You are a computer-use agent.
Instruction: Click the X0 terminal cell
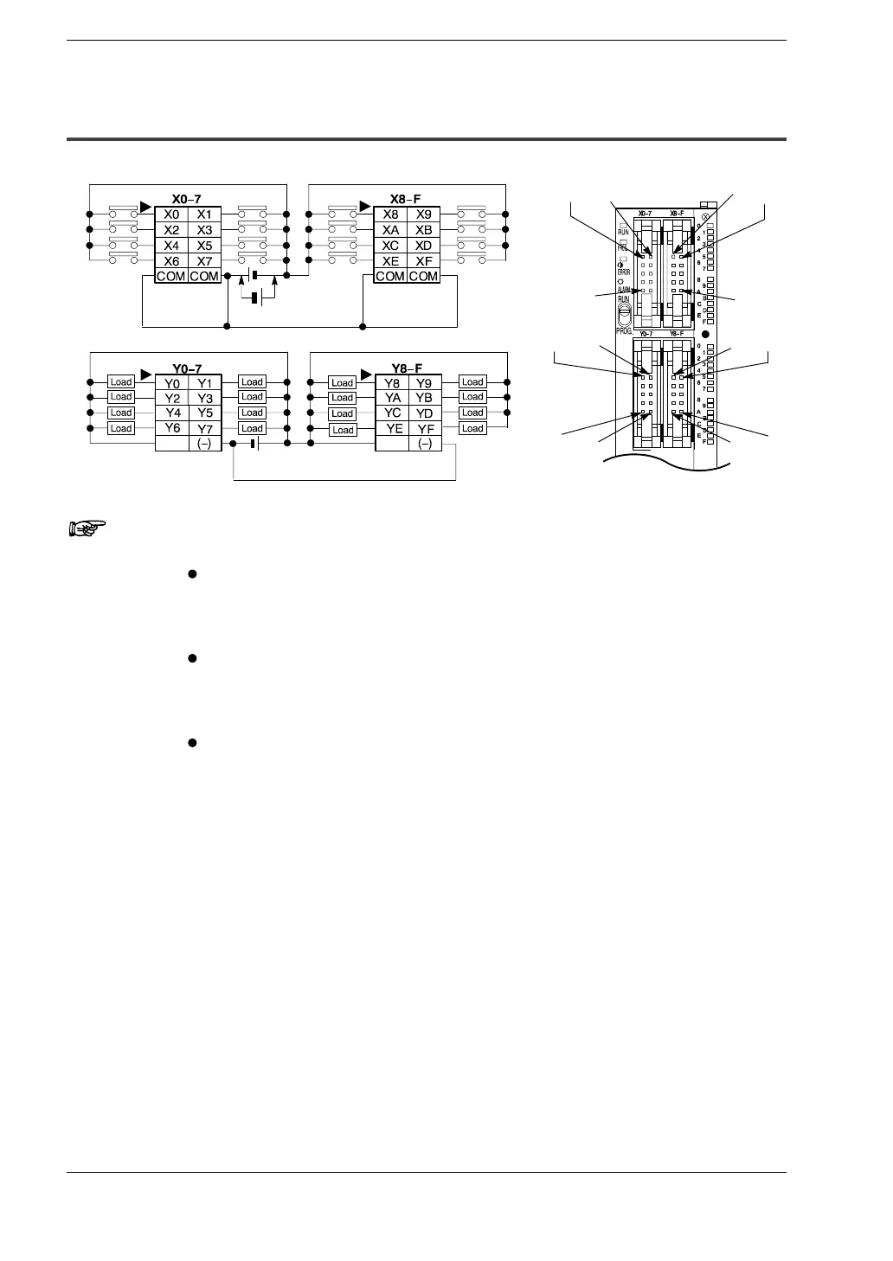tap(171, 214)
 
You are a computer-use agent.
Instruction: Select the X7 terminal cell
tap(204, 261)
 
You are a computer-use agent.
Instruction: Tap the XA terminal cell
tap(390, 230)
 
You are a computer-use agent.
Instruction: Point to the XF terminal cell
tap(423, 261)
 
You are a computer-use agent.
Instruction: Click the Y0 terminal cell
tap(171, 382)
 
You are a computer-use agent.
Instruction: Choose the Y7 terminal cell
tap(205, 429)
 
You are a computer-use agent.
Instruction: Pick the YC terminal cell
tap(393, 413)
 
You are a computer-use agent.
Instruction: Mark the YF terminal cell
tap(425, 429)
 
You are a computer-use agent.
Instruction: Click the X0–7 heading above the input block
tap(186, 199)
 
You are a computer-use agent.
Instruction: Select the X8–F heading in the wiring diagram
tap(407, 199)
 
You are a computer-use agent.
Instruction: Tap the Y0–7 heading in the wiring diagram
tap(186, 368)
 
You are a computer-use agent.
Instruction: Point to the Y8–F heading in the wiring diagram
tap(407, 368)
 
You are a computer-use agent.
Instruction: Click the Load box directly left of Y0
tap(121, 381)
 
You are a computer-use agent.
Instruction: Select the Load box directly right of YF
tap(472, 428)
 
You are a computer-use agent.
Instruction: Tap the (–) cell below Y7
tap(205, 444)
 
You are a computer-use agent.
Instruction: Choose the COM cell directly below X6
tap(171, 276)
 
